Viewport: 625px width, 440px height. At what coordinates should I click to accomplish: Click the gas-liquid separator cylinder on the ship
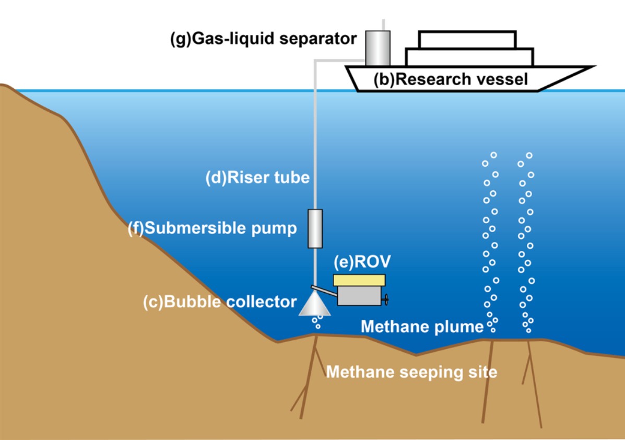point(378,48)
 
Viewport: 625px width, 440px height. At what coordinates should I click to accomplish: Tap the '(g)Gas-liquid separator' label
point(264,39)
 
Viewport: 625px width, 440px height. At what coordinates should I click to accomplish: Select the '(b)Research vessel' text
point(451,79)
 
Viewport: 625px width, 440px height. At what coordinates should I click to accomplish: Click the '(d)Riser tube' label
point(257,178)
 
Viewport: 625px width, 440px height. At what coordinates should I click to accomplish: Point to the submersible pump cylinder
point(315,228)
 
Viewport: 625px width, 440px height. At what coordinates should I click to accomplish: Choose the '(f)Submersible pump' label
point(213,228)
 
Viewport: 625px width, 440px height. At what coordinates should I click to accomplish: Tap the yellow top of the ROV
point(360,280)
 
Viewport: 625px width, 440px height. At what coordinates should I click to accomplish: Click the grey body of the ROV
point(360,296)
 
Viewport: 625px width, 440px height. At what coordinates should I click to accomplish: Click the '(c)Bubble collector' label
point(220,302)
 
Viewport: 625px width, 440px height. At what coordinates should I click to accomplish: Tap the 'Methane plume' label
point(422,327)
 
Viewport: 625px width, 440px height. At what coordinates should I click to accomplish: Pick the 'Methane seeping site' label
point(411,373)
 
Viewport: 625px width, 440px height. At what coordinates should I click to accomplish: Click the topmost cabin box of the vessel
point(467,39)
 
